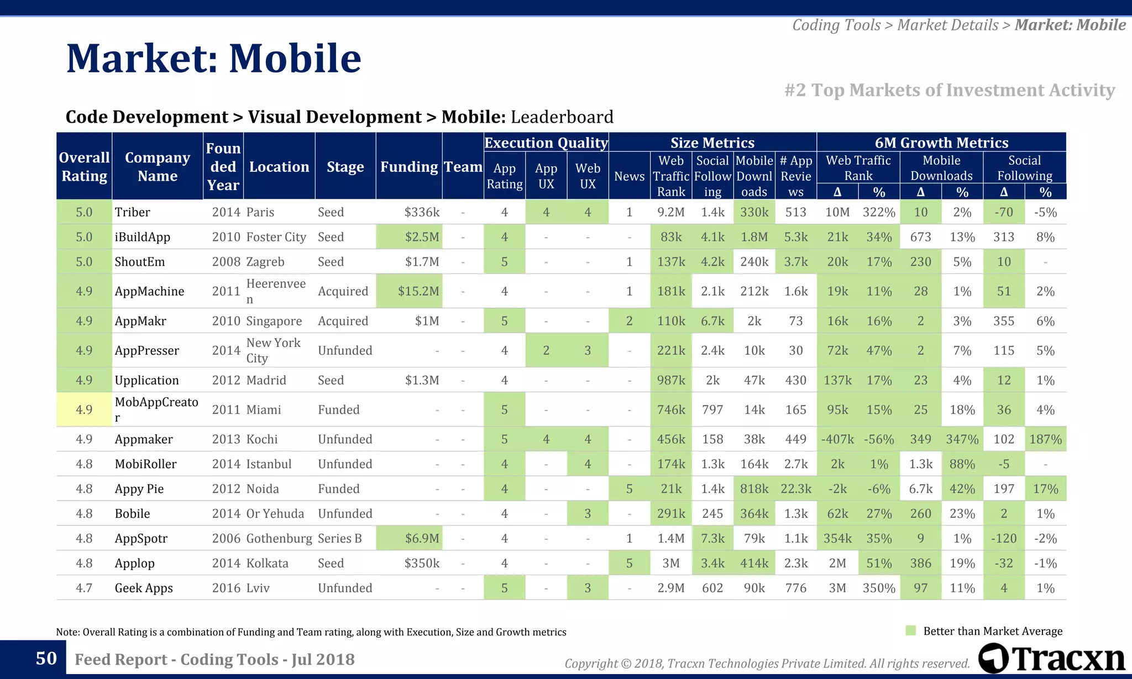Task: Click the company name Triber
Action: click(x=132, y=212)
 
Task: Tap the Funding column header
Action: click(x=408, y=167)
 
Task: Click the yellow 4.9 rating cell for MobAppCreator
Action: click(x=84, y=409)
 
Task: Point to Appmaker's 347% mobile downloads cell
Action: click(x=962, y=439)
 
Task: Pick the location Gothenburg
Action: click(x=279, y=538)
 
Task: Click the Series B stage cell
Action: click(x=340, y=538)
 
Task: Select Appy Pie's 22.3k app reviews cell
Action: click(x=795, y=489)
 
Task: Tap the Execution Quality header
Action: click(x=546, y=143)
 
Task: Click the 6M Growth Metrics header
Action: click(x=941, y=143)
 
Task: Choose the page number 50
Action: click(x=46, y=658)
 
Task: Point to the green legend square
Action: click(x=911, y=630)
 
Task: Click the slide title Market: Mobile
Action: click(x=213, y=59)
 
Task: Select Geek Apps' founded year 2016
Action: click(x=226, y=588)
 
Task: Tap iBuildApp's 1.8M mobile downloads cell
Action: click(x=754, y=237)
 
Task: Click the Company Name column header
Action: click(x=158, y=167)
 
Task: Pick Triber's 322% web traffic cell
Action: click(x=878, y=212)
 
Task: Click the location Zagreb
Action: click(x=265, y=262)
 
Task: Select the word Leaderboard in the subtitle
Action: click(x=562, y=117)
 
